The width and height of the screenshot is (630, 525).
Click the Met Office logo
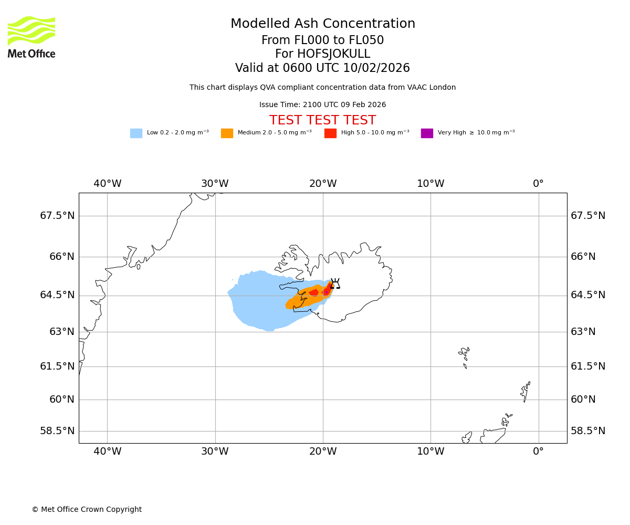coord(31,37)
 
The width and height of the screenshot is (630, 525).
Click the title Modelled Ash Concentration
coord(323,24)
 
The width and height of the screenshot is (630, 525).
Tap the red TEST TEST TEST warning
coord(322,120)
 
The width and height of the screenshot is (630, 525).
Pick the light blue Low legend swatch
coord(136,133)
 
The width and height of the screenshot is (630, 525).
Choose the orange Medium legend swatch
coord(227,133)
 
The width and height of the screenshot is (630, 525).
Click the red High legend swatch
coord(330,133)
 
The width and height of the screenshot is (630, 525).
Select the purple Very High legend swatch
coord(427,133)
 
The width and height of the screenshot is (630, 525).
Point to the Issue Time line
coord(322,105)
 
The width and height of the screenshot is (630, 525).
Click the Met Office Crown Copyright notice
coord(87,509)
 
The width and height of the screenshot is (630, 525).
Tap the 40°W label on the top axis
coord(108,184)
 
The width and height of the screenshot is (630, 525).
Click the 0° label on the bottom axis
coord(538,451)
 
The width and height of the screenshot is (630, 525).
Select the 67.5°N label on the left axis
coord(57,216)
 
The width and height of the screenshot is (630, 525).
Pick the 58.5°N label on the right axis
coord(588,430)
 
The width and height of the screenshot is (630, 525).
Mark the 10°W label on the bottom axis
coord(430,451)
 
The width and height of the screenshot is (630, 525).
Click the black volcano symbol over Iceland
coord(335,284)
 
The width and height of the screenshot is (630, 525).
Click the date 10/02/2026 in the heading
coord(376,68)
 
